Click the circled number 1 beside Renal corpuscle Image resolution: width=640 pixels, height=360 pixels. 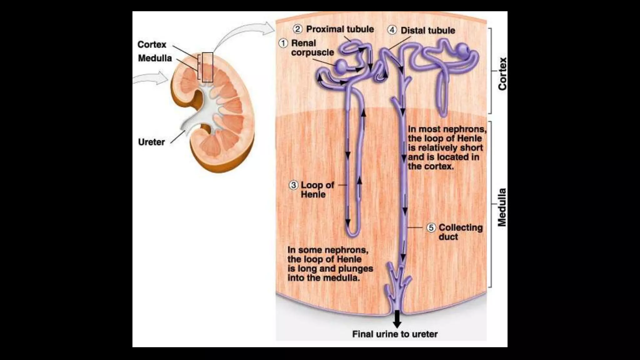[x=283, y=43]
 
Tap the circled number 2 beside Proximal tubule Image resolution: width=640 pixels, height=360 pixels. [x=297, y=29]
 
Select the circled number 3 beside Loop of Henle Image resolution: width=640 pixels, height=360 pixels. [x=293, y=185]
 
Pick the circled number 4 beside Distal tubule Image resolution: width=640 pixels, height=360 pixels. [x=392, y=30]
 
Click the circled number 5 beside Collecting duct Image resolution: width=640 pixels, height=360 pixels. [x=431, y=227]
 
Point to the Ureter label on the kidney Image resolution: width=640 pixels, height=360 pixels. [x=151, y=142]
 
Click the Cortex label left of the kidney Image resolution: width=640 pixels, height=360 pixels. [x=152, y=44]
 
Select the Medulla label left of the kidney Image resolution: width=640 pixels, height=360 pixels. [x=155, y=58]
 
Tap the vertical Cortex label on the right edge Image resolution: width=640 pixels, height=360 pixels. [x=502, y=74]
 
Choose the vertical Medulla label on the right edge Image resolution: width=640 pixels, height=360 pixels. [x=502, y=207]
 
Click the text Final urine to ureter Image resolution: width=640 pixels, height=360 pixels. [x=395, y=334]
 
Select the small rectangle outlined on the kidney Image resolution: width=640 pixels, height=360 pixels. [x=207, y=67]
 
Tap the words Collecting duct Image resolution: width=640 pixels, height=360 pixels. [x=460, y=232]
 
